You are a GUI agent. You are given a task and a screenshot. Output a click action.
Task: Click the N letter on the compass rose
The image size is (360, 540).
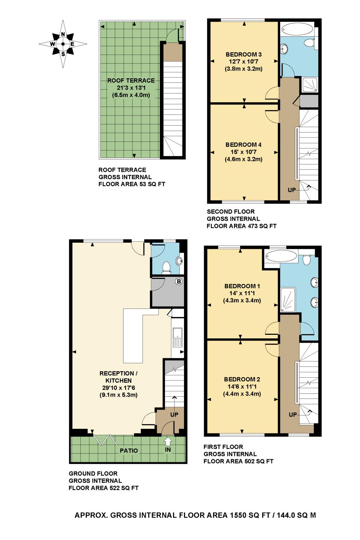63,34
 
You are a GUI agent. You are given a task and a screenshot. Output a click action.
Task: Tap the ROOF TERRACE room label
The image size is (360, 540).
131,81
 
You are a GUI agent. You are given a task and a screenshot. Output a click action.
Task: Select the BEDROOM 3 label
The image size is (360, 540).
244,54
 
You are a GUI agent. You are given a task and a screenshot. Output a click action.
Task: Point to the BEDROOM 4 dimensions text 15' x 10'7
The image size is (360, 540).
244,152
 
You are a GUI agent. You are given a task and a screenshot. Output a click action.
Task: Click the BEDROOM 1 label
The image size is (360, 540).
242,286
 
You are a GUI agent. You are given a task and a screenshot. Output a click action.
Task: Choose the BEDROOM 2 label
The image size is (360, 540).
242,379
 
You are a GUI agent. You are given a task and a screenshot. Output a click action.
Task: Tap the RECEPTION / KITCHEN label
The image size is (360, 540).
118,377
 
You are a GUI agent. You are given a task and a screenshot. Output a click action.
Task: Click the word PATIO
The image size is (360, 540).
129,451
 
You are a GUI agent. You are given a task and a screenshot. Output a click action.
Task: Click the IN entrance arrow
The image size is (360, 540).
168,442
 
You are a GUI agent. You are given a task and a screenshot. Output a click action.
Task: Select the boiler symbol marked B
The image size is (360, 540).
179,282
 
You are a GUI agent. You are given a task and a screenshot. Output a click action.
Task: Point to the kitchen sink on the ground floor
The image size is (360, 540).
177,338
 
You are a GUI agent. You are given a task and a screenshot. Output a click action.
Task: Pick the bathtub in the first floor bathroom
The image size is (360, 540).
281,256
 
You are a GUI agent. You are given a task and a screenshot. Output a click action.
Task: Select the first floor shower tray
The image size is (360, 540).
288,300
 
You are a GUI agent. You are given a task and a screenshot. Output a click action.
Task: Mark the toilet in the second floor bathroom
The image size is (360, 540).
310,43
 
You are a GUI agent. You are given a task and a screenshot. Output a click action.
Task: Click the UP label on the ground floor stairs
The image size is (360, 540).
174,415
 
